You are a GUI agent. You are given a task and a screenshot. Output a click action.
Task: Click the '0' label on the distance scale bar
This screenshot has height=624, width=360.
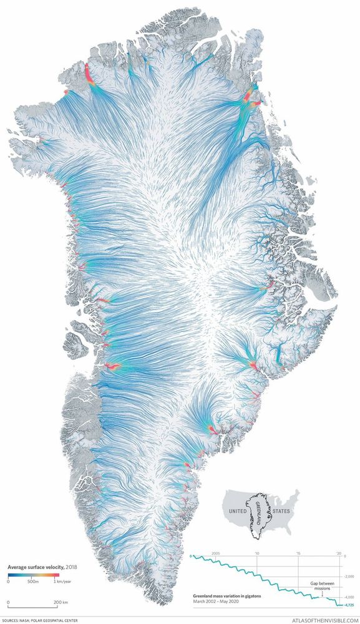[x=9, y=603]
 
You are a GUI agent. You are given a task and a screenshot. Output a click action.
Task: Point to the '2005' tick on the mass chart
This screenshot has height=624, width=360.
[x=215, y=553]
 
